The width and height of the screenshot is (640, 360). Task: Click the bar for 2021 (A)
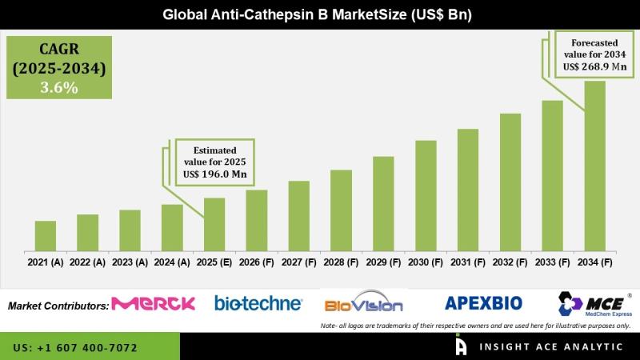tap(46, 235)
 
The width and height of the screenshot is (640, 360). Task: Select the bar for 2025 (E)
tap(214, 224)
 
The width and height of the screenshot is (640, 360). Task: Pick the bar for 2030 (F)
tap(426, 195)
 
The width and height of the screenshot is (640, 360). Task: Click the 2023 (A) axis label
tap(130, 262)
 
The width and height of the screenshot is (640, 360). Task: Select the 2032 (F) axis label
tap(510, 262)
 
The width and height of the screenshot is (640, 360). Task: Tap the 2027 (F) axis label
tap(299, 262)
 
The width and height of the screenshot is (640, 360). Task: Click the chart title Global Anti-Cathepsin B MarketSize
tap(319, 14)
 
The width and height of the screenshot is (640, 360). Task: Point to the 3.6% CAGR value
tap(58, 88)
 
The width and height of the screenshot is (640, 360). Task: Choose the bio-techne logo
tap(258, 303)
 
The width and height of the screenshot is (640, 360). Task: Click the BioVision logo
tap(363, 305)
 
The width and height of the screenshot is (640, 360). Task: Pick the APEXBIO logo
tap(483, 303)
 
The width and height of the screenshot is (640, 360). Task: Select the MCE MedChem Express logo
tap(594, 305)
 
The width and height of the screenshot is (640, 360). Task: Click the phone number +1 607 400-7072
tap(75, 348)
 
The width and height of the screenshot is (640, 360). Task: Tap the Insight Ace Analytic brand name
tap(551, 347)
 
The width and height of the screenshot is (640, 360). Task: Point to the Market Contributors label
tap(58, 306)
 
